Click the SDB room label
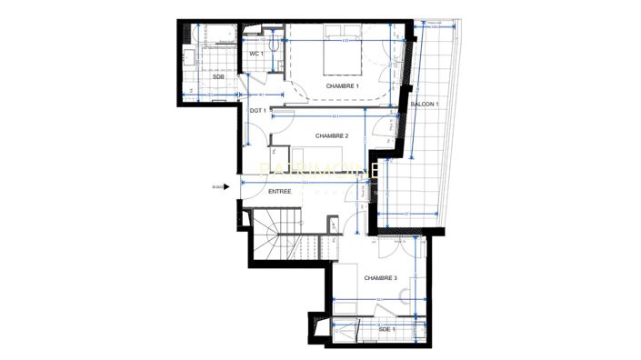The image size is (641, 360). pyautogui.click(x=218, y=77)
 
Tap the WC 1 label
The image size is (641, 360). pyautogui.click(x=256, y=55)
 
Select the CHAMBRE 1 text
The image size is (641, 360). pyautogui.click(x=343, y=85)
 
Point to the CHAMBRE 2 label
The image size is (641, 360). pyautogui.click(x=332, y=136)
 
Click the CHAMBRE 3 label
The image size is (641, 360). pyautogui.click(x=380, y=278)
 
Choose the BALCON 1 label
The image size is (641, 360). pyautogui.click(x=425, y=105)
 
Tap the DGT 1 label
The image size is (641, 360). pyautogui.click(x=257, y=110)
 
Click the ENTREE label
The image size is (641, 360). pyautogui.click(x=280, y=192)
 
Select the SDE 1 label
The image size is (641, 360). pyautogui.click(x=386, y=328)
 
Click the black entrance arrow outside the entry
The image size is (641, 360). pyautogui.click(x=224, y=187)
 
